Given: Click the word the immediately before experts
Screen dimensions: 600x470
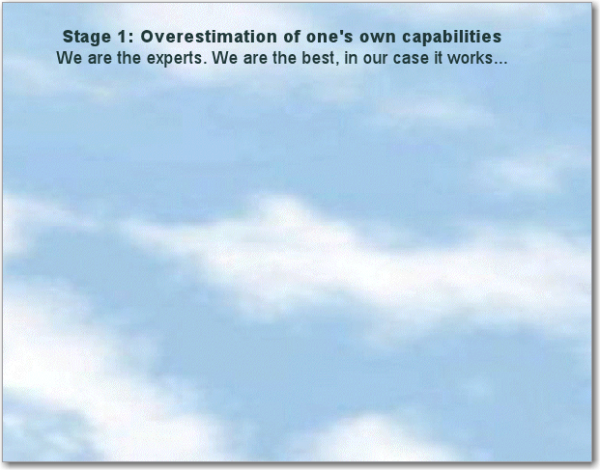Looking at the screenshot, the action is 129,58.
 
